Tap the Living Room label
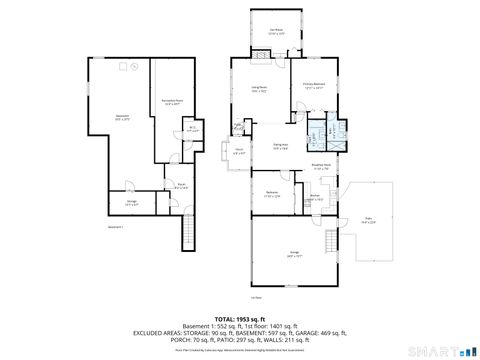tap(259, 89)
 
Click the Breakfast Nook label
tap(321, 166)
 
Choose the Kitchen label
tap(315, 197)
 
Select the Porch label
tap(238, 152)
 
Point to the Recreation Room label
tap(170, 102)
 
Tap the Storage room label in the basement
tap(131, 202)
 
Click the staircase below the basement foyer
tap(185, 236)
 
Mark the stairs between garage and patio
tap(330, 243)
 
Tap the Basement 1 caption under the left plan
tap(116, 228)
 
